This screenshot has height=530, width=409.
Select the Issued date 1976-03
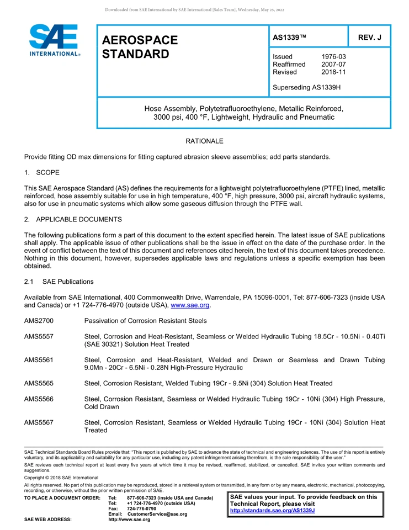tap(333, 57)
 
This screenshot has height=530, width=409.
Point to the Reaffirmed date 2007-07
tap(333, 65)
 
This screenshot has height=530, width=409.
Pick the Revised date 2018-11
tap(333, 72)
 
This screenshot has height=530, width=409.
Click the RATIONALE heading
tap(204, 142)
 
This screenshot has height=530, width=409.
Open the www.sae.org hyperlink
tap(190, 305)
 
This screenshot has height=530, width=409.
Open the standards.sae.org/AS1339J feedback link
tap(272, 511)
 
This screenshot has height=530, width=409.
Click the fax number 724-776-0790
tap(141, 508)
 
